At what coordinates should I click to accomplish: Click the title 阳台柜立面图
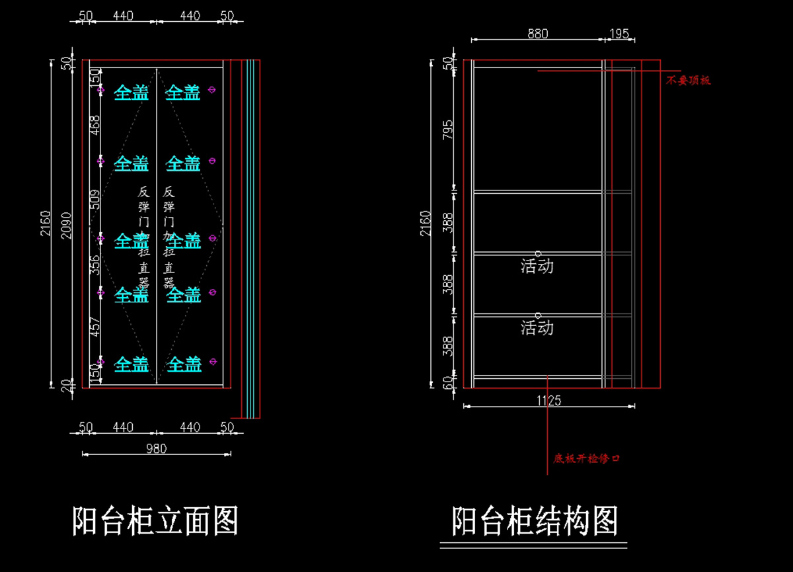tap(155, 520)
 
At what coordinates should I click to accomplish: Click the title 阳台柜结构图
tap(534, 521)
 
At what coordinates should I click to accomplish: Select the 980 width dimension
tap(156, 448)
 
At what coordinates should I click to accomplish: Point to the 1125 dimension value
tap(549, 400)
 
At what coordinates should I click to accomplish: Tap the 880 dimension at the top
tap(537, 34)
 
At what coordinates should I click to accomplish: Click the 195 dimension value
tap(619, 34)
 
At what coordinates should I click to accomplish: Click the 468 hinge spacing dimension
tap(95, 126)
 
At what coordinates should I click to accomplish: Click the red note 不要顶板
tap(688, 81)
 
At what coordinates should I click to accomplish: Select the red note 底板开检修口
tap(587, 458)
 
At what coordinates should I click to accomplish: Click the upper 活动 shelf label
tap(537, 266)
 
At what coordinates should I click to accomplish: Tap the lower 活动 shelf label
tap(537, 327)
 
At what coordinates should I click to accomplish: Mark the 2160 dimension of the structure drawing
tap(425, 224)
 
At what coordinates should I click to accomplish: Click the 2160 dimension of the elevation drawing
tap(46, 224)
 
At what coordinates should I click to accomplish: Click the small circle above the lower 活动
tap(538, 315)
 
